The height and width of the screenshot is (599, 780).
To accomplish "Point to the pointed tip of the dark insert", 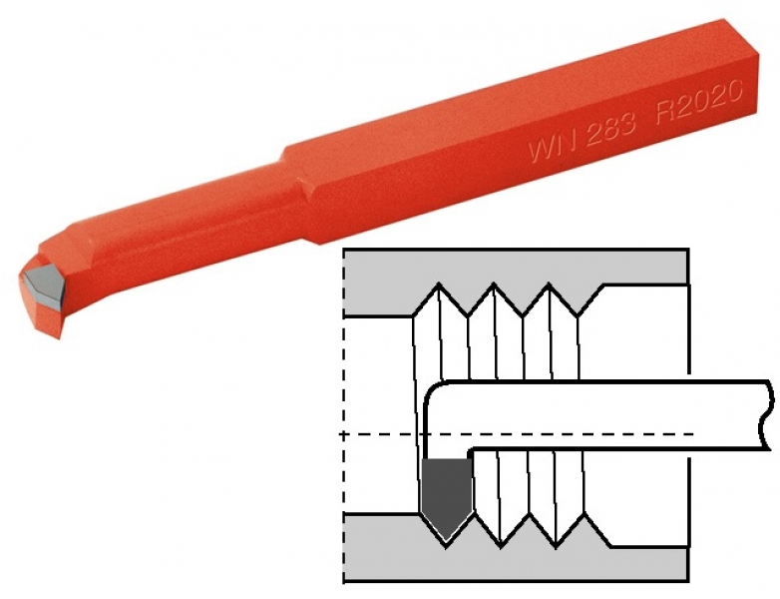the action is (447, 541).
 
